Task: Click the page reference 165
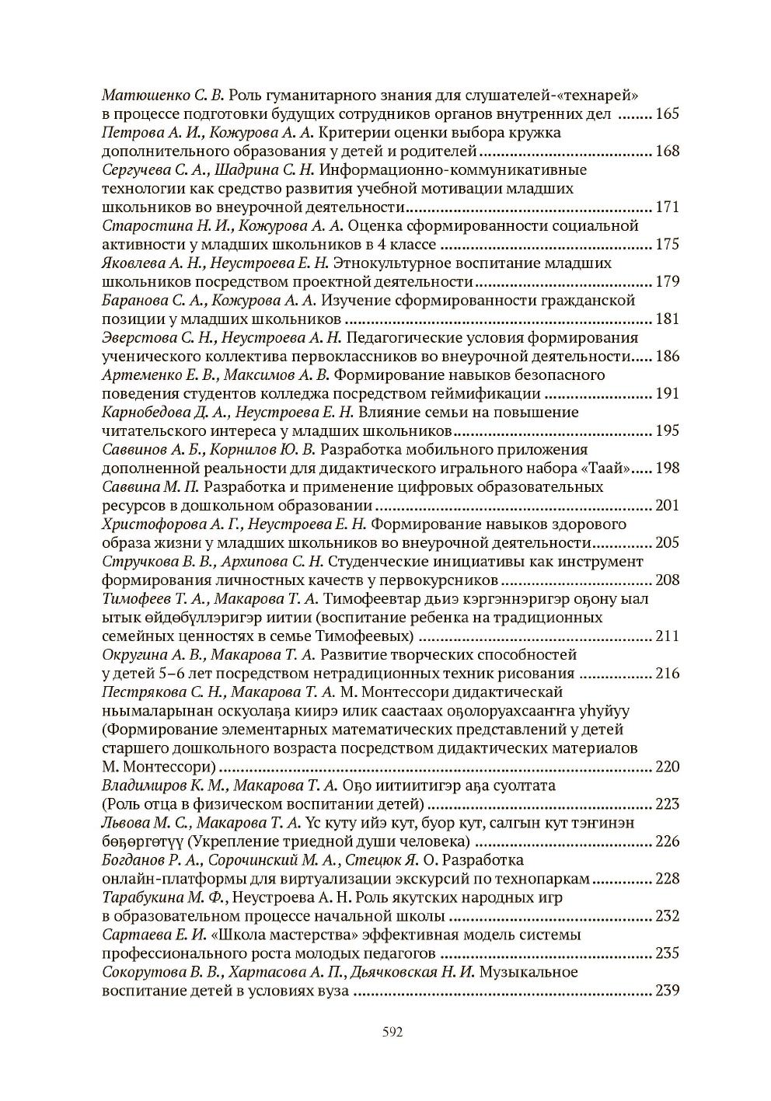(668, 113)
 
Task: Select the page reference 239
(668, 990)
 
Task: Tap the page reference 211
(668, 636)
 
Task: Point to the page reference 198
(668, 468)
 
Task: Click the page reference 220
(668, 766)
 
